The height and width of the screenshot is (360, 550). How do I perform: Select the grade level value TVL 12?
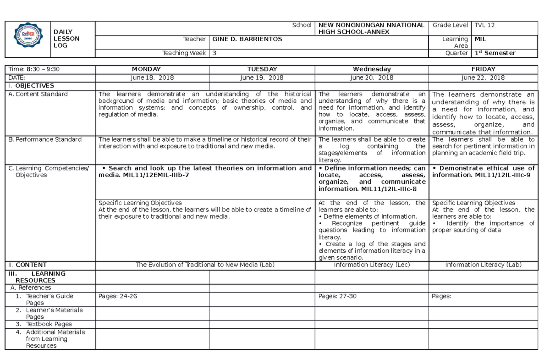point(484,25)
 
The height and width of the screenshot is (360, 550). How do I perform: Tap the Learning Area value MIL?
point(480,39)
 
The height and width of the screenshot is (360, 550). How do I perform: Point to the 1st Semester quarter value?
point(495,53)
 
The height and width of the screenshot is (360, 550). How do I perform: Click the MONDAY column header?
point(152,69)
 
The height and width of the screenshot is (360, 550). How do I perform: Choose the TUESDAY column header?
point(262,69)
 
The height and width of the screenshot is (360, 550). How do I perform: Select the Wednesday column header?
point(372,69)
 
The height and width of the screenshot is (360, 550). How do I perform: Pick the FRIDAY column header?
point(483,69)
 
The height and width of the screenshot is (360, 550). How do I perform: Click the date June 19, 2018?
point(262,78)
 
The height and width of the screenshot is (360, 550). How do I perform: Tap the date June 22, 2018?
point(483,78)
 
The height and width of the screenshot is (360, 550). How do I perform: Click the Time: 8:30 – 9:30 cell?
point(33,69)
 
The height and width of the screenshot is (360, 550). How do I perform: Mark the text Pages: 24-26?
point(118,296)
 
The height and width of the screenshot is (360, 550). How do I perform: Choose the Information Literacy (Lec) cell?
point(372,265)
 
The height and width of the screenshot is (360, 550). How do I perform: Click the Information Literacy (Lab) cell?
point(483,265)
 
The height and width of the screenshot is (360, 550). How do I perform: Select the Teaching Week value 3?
point(214,53)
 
